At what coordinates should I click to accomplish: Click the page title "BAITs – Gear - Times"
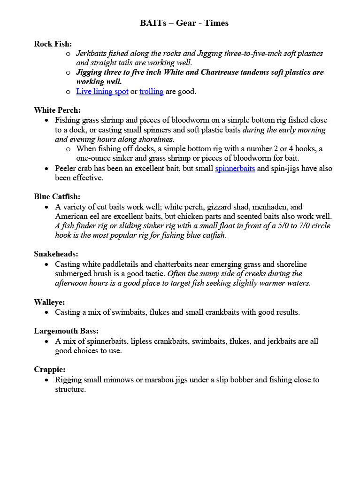(x=184, y=23)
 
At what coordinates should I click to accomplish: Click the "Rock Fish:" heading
(x=53, y=44)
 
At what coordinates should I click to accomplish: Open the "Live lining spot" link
(x=102, y=91)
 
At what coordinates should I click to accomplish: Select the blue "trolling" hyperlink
(x=151, y=91)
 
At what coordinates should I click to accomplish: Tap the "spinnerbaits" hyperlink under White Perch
(x=235, y=168)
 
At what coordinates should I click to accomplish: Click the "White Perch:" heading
(x=57, y=110)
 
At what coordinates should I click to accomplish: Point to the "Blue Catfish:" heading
(x=57, y=196)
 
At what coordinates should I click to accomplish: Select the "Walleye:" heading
(x=49, y=302)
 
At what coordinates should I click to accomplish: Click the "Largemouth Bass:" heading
(x=66, y=331)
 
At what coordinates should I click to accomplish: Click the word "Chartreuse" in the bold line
(x=220, y=72)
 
